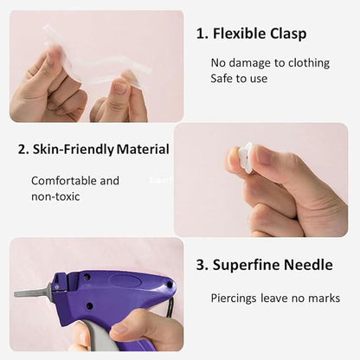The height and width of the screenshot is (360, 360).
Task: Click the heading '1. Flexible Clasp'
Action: click(x=251, y=35)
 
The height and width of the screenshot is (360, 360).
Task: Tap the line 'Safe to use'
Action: click(x=239, y=79)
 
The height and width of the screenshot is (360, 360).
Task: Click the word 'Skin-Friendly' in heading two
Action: click(x=74, y=150)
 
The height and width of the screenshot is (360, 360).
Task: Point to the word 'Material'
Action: click(x=144, y=150)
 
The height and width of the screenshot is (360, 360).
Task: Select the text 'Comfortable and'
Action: click(x=75, y=181)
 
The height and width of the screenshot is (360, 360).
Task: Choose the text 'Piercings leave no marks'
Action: click(x=275, y=299)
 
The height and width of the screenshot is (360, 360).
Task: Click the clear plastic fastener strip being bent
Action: click(x=95, y=56)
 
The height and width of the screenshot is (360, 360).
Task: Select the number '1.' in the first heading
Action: click(x=202, y=35)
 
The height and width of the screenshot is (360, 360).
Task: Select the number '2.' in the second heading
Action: click(x=23, y=150)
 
